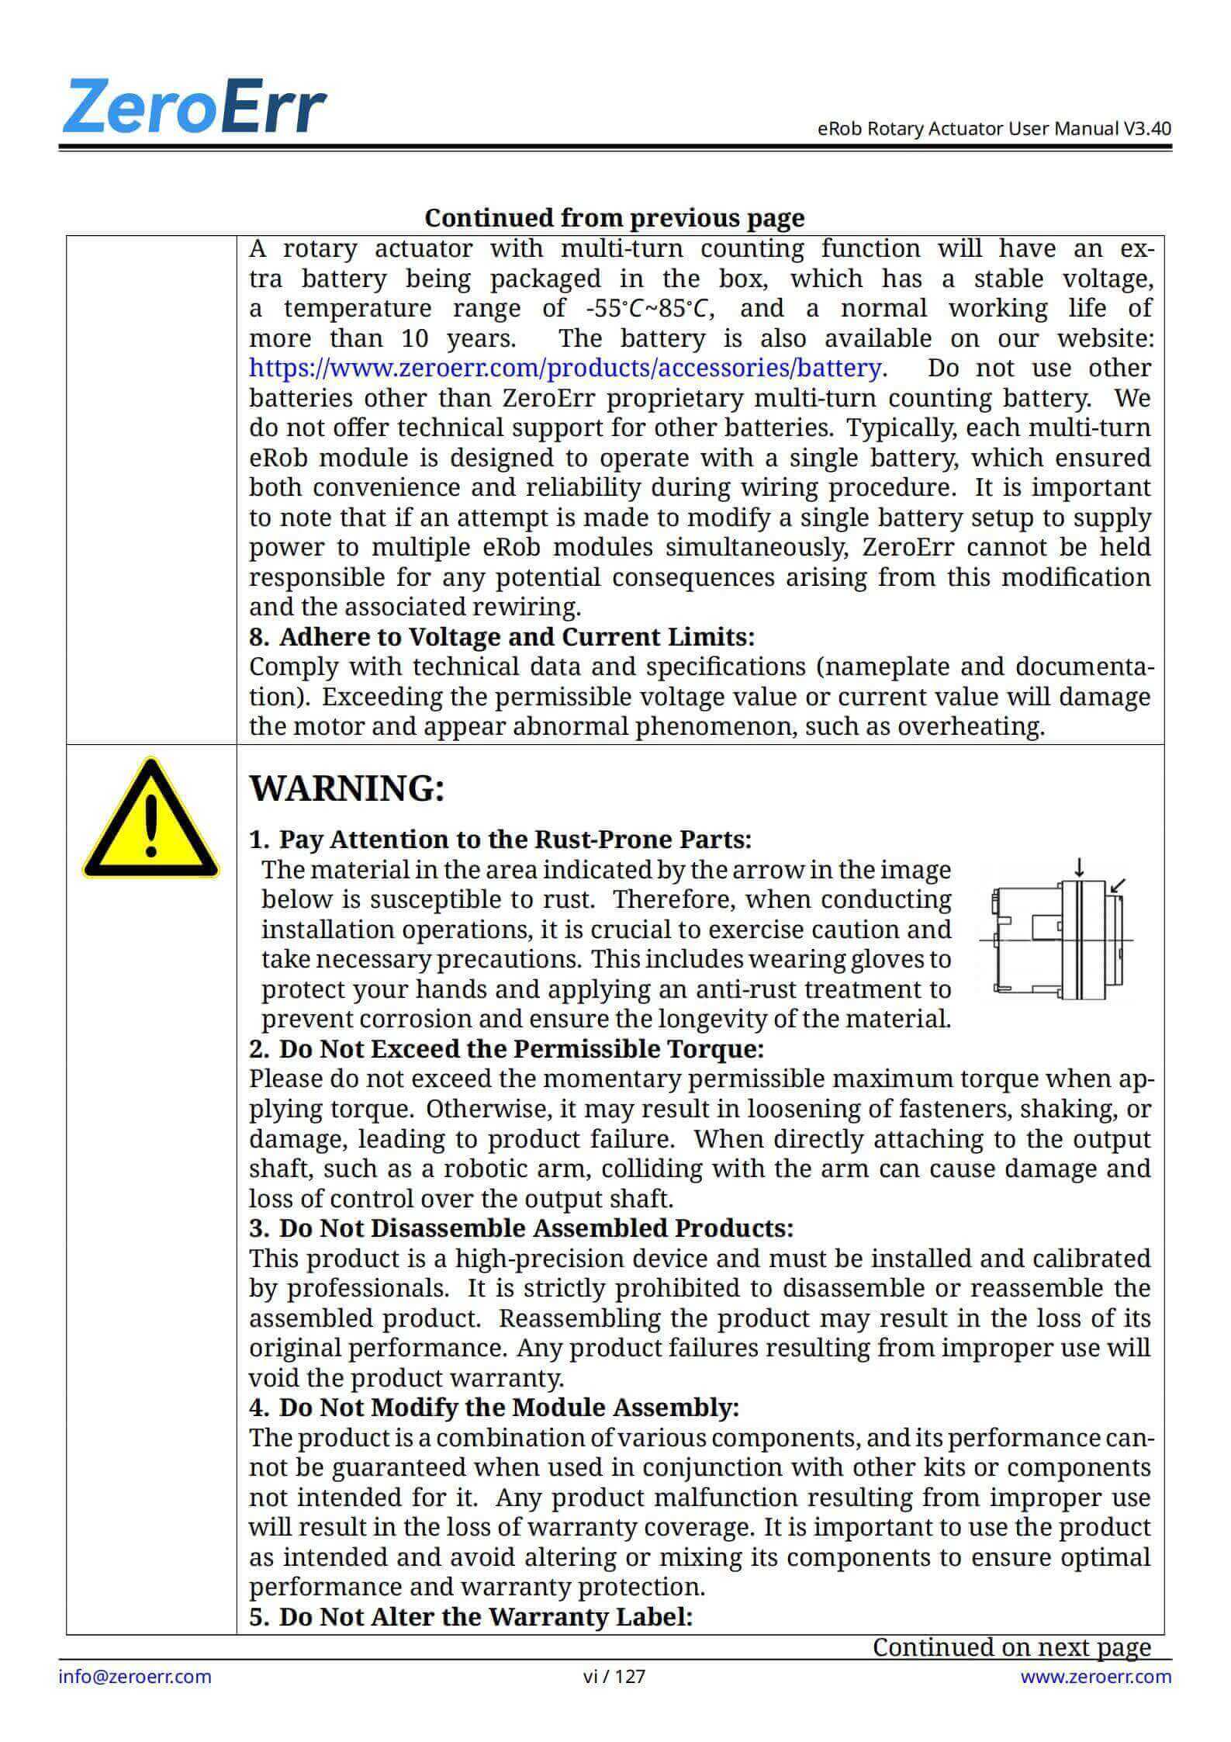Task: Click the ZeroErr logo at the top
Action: tap(194, 106)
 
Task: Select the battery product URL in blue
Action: tap(565, 368)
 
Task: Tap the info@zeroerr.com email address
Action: tap(135, 1677)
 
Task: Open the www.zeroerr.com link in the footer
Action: tap(1095, 1677)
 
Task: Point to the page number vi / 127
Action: tap(614, 1677)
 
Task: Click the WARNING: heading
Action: tap(347, 788)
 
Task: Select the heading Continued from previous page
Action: tap(614, 218)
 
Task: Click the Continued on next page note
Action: tap(1011, 1647)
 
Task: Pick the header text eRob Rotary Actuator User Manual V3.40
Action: tap(994, 129)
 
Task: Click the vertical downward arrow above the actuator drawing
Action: tap(1079, 868)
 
